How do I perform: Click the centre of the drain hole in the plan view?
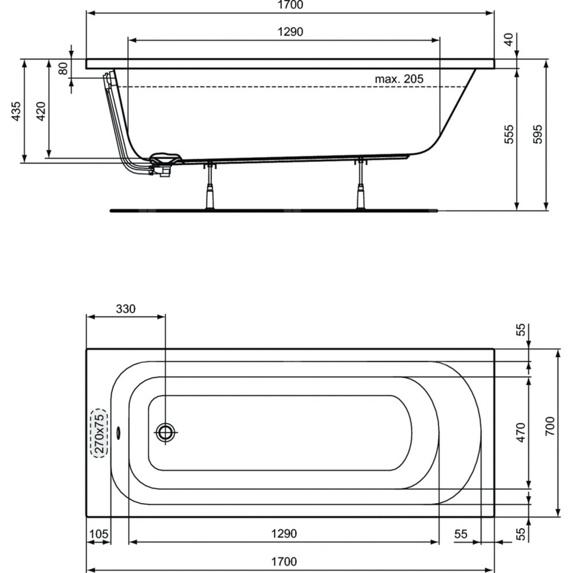pos(165,433)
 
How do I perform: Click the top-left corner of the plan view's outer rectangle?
pos(87,350)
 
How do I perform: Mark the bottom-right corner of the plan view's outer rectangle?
pos(494,517)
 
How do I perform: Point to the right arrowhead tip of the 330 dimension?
pos(165,316)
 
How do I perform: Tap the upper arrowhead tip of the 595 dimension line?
pos(546,60)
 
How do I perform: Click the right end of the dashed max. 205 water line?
pos(467,87)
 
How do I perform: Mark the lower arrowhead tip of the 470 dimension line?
pos(529,489)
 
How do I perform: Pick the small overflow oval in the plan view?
pos(118,433)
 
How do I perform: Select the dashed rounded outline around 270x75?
pos(99,433)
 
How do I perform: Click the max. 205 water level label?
pos(399,79)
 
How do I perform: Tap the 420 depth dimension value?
pos(41,112)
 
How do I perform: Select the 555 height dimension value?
pos(509,134)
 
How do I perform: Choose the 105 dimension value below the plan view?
pos(99,534)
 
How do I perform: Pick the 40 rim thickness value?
pos(509,40)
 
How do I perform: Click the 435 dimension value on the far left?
pos(16,112)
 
